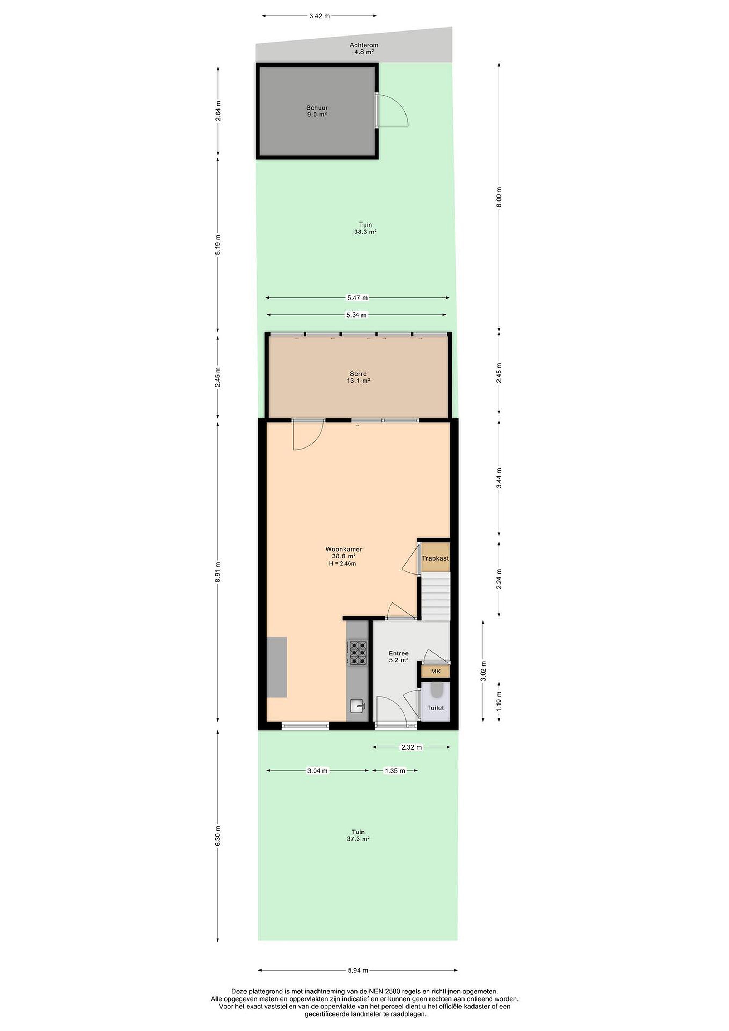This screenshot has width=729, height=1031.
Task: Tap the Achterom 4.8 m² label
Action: (x=364, y=48)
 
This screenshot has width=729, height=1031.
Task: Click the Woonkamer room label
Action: (x=344, y=549)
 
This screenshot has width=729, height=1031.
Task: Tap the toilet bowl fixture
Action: (x=436, y=690)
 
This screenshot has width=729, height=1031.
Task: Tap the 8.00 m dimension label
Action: (x=499, y=197)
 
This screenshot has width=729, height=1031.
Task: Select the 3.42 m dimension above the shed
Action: (x=319, y=16)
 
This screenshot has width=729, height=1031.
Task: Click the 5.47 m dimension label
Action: (x=357, y=298)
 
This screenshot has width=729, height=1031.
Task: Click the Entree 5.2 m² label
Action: (x=399, y=657)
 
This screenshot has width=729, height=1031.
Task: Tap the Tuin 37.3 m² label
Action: (x=358, y=835)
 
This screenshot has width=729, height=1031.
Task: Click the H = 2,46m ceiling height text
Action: (x=342, y=563)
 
